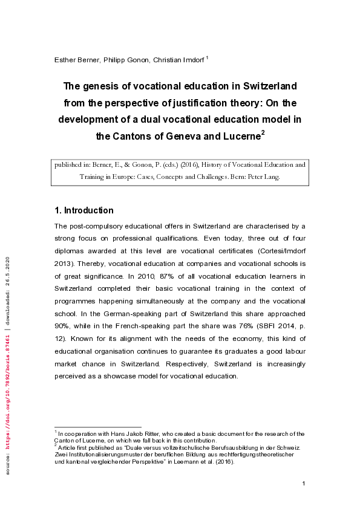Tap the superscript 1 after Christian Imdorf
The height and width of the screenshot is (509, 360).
pyautogui.click(x=207, y=57)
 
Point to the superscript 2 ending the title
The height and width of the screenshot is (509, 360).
pyautogui.click(x=263, y=132)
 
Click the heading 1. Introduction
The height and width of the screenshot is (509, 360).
pyautogui.click(x=84, y=210)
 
